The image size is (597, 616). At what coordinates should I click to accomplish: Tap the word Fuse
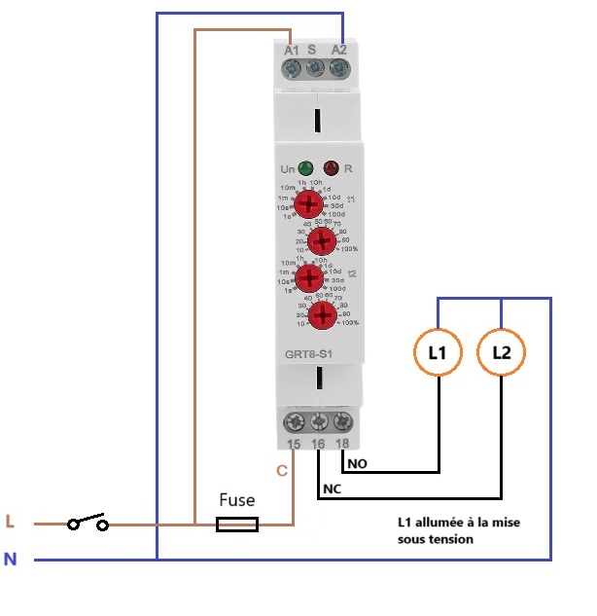pyautogui.click(x=236, y=500)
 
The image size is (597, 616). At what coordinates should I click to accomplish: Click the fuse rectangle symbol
pyautogui.click(x=236, y=525)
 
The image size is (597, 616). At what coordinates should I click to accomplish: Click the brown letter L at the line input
pyautogui.click(x=11, y=523)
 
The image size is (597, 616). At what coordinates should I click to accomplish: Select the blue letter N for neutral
pyautogui.click(x=11, y=560)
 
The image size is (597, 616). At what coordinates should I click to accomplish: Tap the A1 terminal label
pyautogui.click(x=292, y=50)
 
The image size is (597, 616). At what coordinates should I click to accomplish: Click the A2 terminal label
pyautogui.click(x=339, y=50)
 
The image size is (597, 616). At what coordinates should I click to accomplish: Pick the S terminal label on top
pyautogui.click(x=312, y=50)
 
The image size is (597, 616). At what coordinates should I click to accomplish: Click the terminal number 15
pyautogui.click(x=295, y=444)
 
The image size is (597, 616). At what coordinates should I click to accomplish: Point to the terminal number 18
pyautogui.click(x=341, y=444)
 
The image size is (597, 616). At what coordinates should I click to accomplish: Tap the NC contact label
pyautogui.click(x=332, y=486)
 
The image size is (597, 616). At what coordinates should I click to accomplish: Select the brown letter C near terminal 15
pyautogui.click(x=282, y=471)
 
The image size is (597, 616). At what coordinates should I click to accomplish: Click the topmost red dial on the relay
pyautogui.click(x=309, y=203)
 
